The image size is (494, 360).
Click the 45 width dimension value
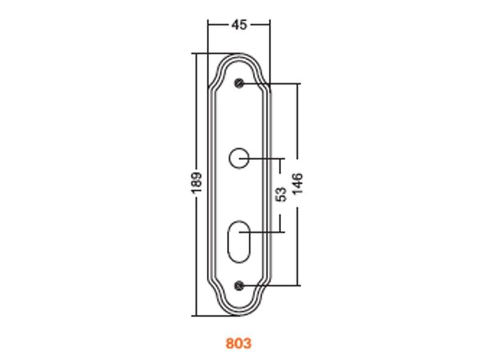click(240, 24)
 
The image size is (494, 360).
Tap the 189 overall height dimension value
click(196, 183)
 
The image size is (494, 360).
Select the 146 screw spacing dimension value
click(298, 184)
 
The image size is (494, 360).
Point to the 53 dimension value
click(281, 194)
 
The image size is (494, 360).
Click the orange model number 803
click(239, 343)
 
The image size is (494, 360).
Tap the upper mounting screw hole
click(240, 83)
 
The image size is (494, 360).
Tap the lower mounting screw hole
click(240, 286)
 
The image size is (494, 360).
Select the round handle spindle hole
click(239, 158)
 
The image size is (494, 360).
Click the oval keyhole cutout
click(239, 242)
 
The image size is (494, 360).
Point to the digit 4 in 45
click(235, 24)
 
